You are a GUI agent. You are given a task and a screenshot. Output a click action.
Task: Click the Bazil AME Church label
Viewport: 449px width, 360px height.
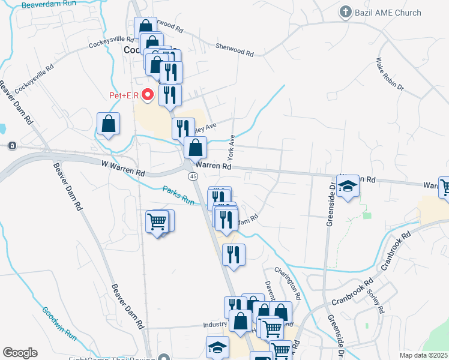tap(388, 13)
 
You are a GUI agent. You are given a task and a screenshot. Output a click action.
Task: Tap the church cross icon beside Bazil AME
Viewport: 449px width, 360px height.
tap(345, 12)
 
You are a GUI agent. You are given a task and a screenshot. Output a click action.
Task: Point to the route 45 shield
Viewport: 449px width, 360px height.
tap(193, 176)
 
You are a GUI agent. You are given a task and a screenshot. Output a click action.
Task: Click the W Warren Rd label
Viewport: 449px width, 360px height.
tap(123, 168)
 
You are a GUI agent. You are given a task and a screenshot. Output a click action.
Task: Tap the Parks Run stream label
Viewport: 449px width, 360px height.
tap(178, 196)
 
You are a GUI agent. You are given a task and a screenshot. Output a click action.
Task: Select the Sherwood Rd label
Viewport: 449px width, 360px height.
tap(235, 50)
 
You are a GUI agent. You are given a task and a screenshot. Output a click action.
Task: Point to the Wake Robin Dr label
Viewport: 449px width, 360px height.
tap(390, 75)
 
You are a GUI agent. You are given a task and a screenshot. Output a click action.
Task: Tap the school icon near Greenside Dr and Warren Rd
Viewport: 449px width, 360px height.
tap(346, 188)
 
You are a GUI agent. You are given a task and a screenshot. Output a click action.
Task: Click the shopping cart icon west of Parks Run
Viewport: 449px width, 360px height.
tap(158, 222)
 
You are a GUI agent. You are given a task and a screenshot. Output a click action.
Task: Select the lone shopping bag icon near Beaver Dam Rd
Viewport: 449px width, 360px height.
tap(108, 125)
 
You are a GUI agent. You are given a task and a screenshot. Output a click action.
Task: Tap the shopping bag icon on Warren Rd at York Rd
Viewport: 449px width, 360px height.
tap(196, 147)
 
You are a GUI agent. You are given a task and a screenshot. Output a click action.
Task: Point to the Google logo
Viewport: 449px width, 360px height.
tap(20, 353)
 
